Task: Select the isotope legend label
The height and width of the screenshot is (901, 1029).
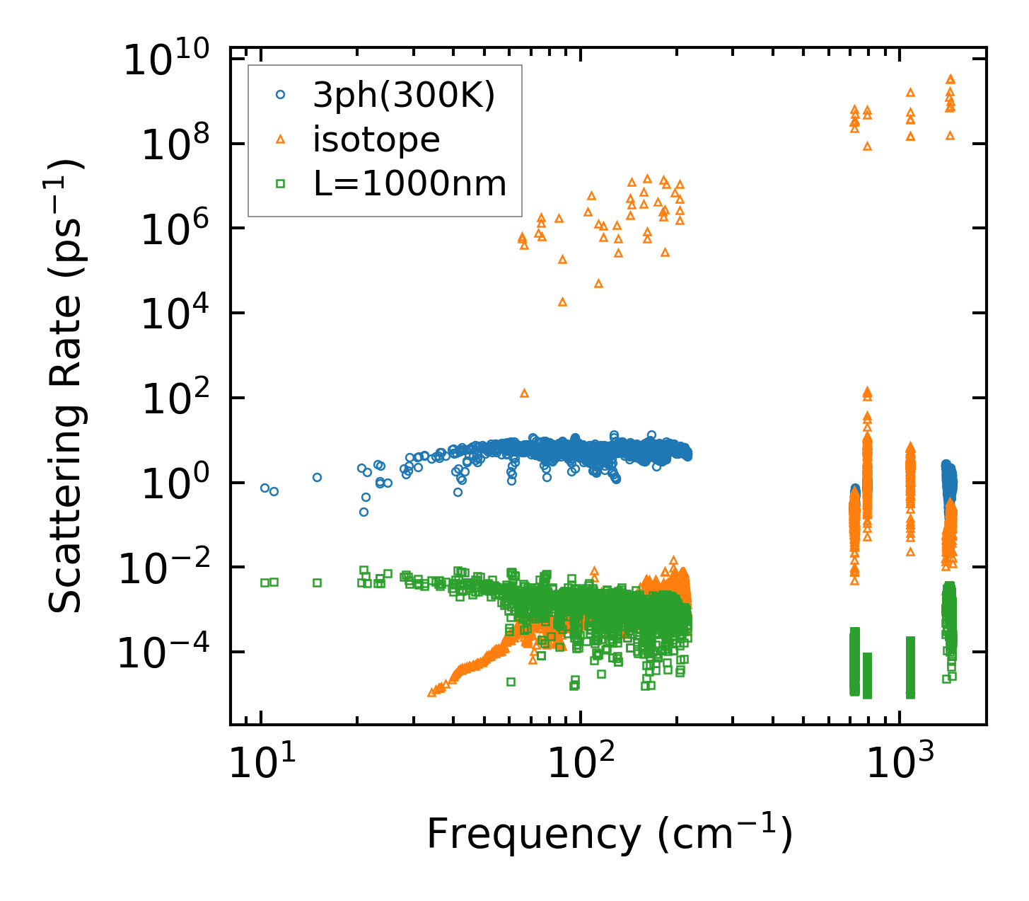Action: (x=376, y=140)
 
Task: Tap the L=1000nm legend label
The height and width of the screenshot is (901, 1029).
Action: (x=410, y=184)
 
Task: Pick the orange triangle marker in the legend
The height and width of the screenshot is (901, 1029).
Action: (x=280, y=140)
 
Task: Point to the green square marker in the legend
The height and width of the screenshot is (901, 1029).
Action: (x=280, y=184)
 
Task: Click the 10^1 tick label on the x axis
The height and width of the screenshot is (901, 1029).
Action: (x=261, y=765)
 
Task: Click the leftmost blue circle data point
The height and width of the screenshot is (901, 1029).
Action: (x=265, y=488)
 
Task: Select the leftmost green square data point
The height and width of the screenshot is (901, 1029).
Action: (x=265, y=583)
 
